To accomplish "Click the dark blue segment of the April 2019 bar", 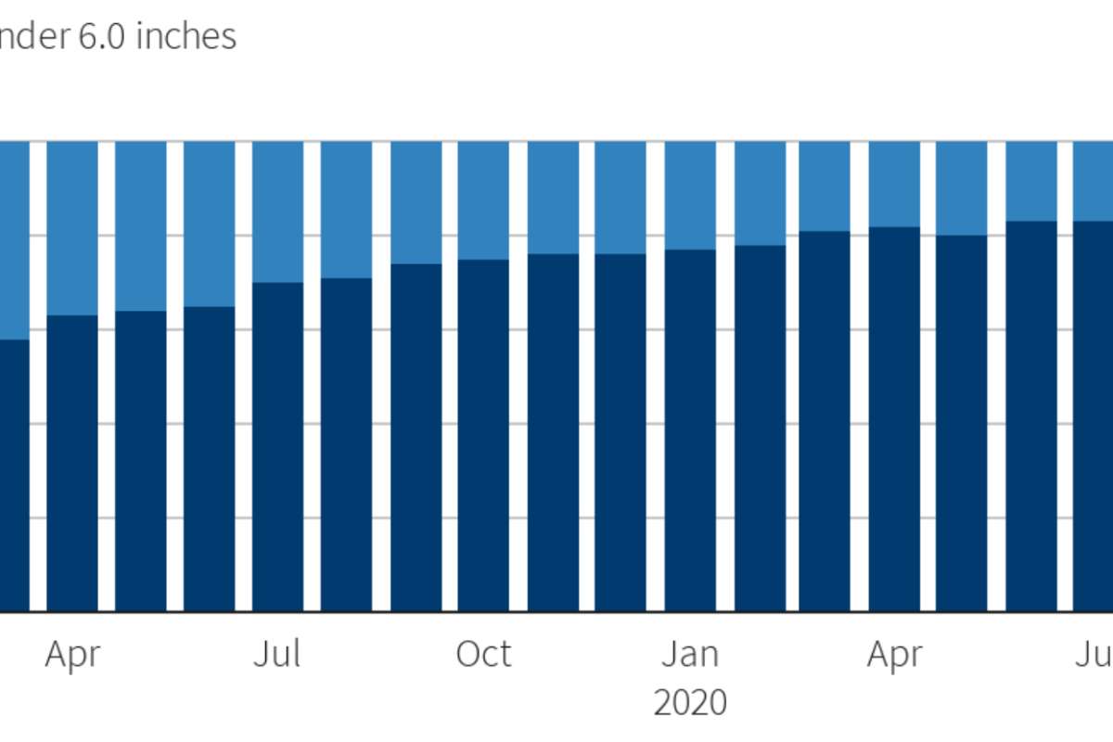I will [x=72, y=464].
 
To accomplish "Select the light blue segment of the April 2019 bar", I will [x=72, y=228].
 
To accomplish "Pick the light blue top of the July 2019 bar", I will [x=277, y=211].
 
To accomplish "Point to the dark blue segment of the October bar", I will [x=483, y=436].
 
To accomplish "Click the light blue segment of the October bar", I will [x=483, y=200].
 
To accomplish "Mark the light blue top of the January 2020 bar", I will [x=690, y=196].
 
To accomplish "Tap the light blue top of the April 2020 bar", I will [x=895, y=184].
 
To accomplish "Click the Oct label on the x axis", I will [x=483, y=655].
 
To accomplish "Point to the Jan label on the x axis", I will [x=690, y=655].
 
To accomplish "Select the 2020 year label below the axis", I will [x=690, y=703].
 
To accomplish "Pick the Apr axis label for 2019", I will [x=72, y=655].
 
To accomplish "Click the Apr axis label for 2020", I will [x=895, y=655].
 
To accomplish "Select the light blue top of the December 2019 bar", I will [x=620, y=198].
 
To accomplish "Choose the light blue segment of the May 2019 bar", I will [x=140, y=226].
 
